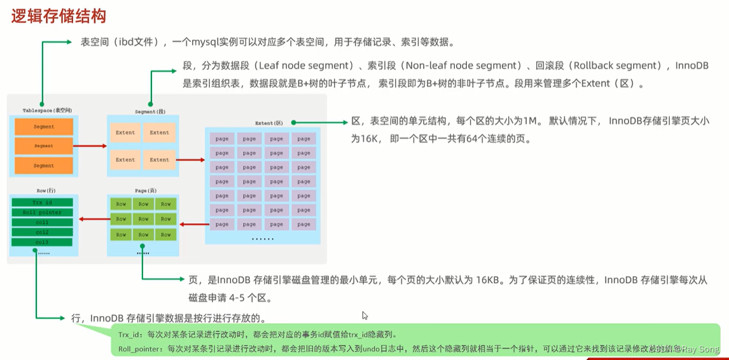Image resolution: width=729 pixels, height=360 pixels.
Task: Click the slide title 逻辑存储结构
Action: coord(58,16)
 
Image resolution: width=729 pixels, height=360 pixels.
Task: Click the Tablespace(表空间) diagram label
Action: coord(44,110)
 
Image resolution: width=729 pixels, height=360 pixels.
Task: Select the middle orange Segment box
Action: coord(44,146)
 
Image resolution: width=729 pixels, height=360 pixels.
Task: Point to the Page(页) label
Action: coord(142,190)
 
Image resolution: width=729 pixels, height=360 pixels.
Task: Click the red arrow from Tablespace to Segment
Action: coord(90,146)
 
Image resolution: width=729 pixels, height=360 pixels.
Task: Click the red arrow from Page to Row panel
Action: coord(92,219)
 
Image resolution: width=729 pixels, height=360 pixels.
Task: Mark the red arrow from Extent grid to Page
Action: coord(195,224)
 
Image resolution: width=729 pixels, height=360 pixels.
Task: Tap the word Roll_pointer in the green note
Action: coord(139,349)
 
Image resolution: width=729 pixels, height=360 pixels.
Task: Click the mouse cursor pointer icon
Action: coord(365,315)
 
